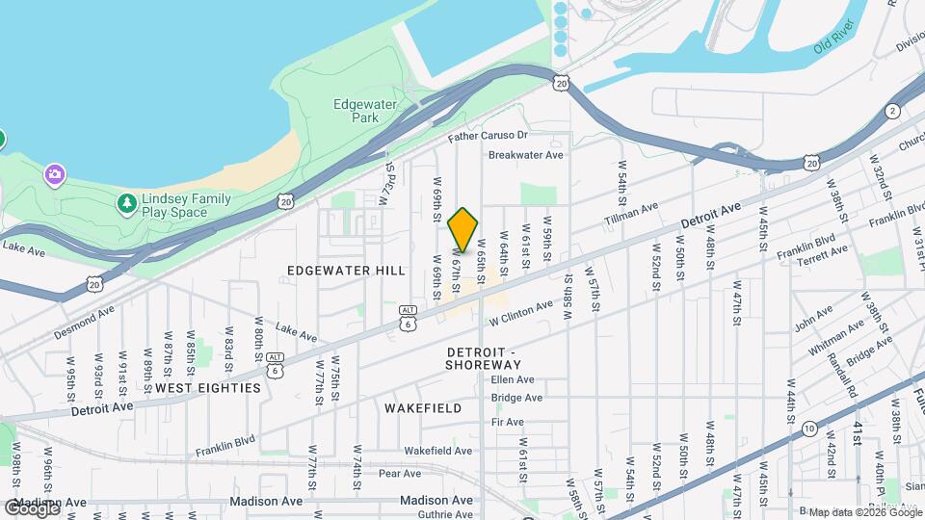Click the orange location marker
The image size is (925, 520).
tap(463, 230)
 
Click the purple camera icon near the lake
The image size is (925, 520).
tap(55, 174)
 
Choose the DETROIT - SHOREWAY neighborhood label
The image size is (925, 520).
tap(483, 357)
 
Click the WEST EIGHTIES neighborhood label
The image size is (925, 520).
tap(208, 387)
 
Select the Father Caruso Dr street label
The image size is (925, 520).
tap(489, 137)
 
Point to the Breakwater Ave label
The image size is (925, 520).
tap(525, 154)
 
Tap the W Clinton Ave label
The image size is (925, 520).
tap(520, 311)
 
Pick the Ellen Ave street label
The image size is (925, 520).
tap(513, 379)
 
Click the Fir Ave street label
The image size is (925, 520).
tap(507, 422)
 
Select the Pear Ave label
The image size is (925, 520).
tap(402, 473)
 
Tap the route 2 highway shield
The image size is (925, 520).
tap(893, 111)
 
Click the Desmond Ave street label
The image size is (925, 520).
tap(84, 316)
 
